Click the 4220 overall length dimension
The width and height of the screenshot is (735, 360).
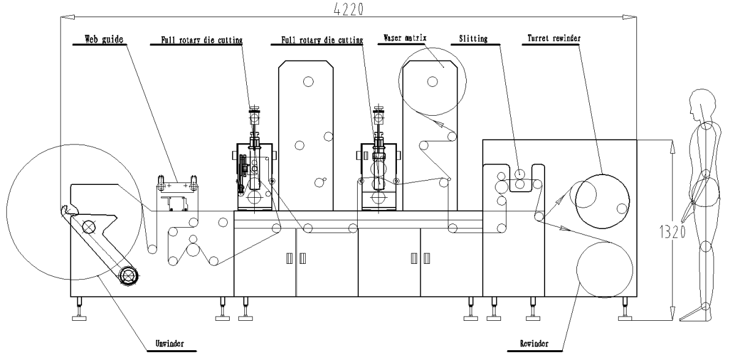tap(349, 9)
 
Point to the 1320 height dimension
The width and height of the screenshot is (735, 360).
tap(673, 232)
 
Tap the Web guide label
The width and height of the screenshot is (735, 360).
tap(104, 39)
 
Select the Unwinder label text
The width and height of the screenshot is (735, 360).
tap(169, 343)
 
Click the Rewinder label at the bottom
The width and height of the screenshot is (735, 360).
tap(534, 343)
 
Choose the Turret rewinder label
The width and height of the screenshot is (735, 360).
tap(554, 39)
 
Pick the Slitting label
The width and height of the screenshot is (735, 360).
tap(473, 39)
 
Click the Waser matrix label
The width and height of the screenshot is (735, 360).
tap(405, 38)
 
